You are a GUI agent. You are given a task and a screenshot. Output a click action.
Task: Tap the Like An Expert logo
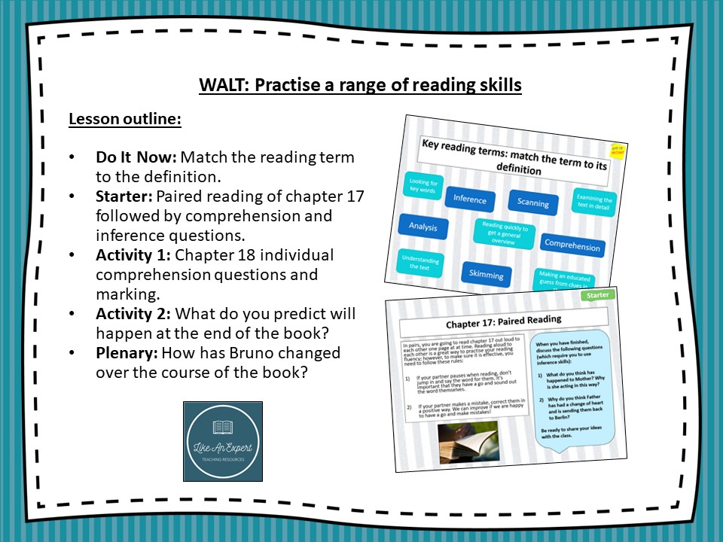click(x=223, y=441)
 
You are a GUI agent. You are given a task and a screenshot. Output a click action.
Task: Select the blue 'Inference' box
click(x=469, y=199)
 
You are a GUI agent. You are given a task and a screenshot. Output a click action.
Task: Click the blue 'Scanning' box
click(x=533, y=202)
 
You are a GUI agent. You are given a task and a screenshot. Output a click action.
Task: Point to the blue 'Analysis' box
click(x=423, y=226)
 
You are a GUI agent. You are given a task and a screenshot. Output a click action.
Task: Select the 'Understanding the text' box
click(x=419, y=263)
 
